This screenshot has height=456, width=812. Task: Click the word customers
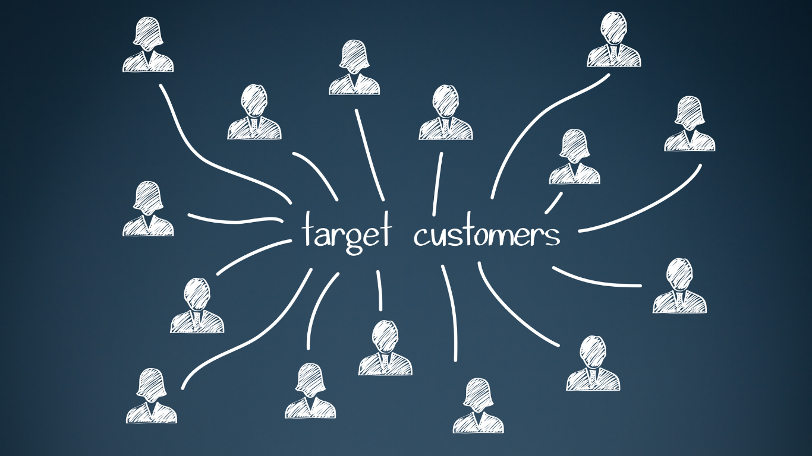[x=487, y=235]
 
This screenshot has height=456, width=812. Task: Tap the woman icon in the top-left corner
[x=148, y=45]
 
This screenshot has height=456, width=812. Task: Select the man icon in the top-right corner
[x=613, y=39]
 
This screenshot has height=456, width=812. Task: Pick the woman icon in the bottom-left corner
[x=152, y=396]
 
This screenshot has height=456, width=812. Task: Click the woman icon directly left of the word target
[x=148, y=208]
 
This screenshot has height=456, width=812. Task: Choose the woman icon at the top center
[x=354, y=67]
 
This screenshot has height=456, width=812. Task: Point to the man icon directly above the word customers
[x=445, y=112]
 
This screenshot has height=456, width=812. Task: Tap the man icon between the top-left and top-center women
[x=254, y=112]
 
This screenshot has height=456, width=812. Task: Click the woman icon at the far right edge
[x=690, y=123]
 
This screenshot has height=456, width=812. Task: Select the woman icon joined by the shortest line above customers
[x=575, y=157]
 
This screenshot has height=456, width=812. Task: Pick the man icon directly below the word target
[x=385, y=348]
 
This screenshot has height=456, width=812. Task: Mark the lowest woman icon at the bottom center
[x=478, y=406]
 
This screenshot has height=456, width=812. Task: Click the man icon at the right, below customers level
[x=679, y=286]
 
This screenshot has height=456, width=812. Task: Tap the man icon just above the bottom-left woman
[x=197, y=305]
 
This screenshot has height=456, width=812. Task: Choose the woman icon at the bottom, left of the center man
[x=310, y=391]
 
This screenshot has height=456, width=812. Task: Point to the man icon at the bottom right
[x=593, y=363]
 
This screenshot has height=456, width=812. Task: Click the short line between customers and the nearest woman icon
[x=553, y=203]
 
